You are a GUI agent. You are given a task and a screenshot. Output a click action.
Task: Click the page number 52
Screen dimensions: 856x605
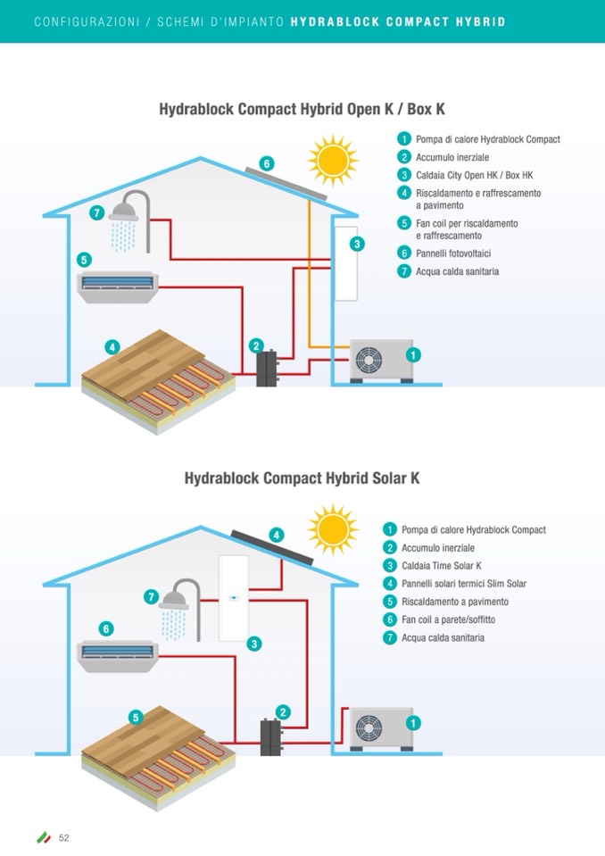pyautogui.click(x=64, y=837)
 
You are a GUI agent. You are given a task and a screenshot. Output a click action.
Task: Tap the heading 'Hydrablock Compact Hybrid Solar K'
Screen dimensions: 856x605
pyautogui.click(x=302, y=478)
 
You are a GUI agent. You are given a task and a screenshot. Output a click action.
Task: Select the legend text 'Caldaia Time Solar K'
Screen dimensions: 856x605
pyautogui.click(x=441, y=566)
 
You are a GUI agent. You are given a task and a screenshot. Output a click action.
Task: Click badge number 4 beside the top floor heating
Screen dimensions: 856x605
pyautogui.click(x=112, y=346)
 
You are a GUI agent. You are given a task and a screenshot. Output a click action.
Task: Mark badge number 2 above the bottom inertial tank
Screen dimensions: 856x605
pyautogui.click(x=283, y=711)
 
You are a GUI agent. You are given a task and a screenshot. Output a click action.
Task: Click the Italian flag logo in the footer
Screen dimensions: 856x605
pyautogui.click(x=43, y=837)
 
